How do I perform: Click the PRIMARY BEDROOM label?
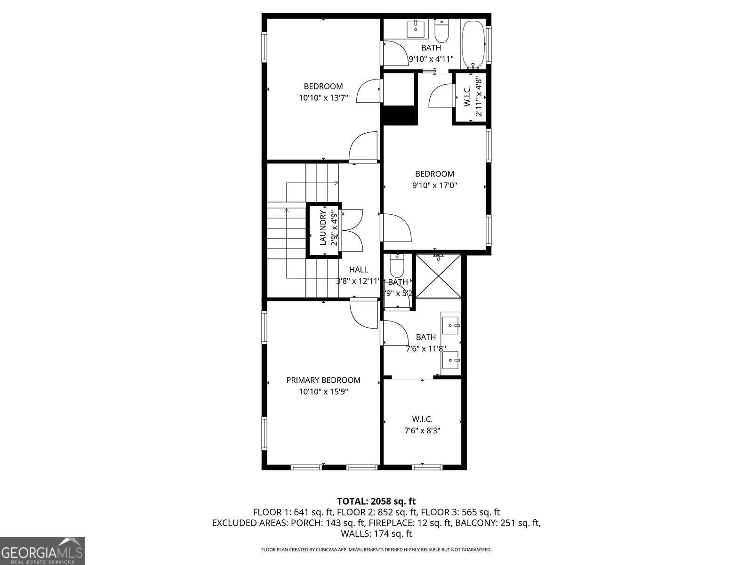coord(323,380)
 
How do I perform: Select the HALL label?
coord(359,270)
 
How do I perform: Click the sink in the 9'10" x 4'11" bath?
coord(416,29)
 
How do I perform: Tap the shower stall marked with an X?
coord(439,276)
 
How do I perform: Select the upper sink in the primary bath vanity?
coord(451,325)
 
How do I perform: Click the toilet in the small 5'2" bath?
coord(397,267)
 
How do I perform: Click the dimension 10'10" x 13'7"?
coord(323,98)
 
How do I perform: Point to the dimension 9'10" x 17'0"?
coord(434,186)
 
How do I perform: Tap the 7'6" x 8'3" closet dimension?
coord(422,430)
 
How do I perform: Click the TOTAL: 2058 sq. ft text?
coord(376,501)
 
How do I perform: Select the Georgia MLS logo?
coord(42,550)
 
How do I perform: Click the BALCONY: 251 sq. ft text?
coord(497,523)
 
